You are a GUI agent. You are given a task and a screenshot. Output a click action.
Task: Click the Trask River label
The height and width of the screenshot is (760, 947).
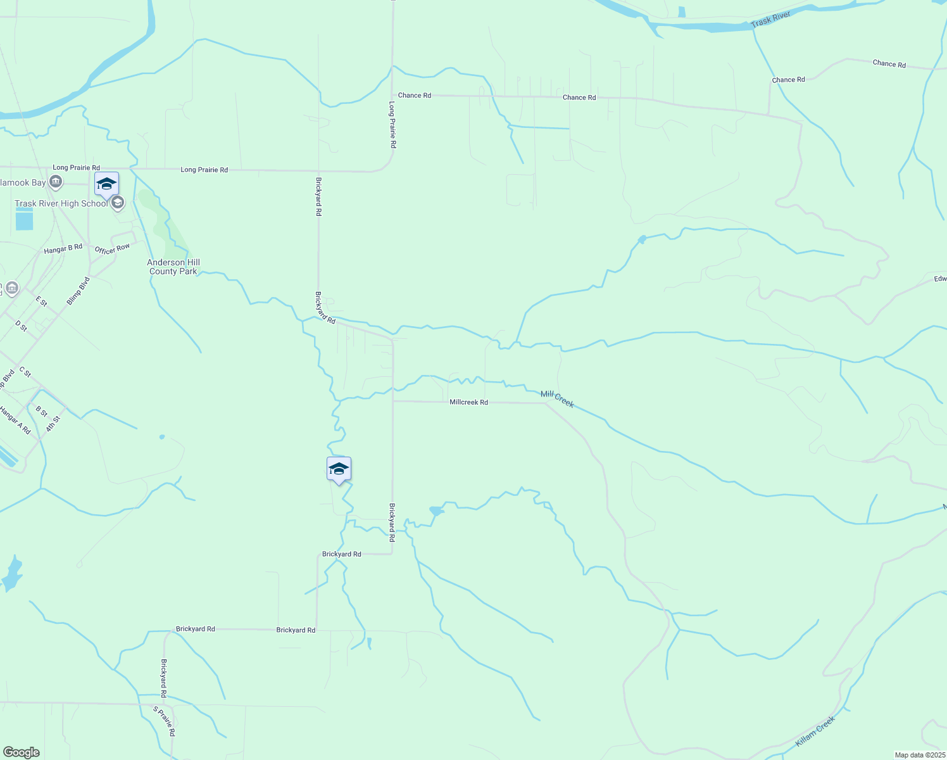click(x=771, y=20)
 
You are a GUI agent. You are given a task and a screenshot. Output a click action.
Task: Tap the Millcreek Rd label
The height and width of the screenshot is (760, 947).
click(x=468, y=402)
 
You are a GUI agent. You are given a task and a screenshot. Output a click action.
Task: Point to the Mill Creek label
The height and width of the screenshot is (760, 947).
click(x=557, y=399)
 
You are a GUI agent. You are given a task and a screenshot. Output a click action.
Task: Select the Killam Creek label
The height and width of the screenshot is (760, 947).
click(x=815, y=731)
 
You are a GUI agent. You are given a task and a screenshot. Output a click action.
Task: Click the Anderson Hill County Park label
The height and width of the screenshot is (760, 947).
click(x=173, y=267)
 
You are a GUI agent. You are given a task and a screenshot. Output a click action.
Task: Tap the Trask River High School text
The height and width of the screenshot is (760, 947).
click(x=61, y=203)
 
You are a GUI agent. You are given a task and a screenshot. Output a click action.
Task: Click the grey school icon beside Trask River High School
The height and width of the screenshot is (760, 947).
click(x=118, y=203)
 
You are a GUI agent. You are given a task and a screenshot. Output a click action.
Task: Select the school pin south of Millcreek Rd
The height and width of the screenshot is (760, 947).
click(x=339, y=469)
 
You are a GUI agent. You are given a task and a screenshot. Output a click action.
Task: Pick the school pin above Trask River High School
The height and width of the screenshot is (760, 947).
click(x=106, y=184)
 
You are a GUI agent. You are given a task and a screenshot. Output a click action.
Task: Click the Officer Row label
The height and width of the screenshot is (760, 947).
click(x=113, y=249)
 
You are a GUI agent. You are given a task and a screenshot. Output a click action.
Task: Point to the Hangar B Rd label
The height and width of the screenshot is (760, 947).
click(x=63, y=249)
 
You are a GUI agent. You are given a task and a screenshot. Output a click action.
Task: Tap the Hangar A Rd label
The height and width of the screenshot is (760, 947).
click(x=15, y=420)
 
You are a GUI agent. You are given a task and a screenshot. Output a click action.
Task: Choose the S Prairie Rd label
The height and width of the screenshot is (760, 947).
click(x=164, y=721)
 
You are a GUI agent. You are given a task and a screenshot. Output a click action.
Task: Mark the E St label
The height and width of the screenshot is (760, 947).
click(x=42, y=301)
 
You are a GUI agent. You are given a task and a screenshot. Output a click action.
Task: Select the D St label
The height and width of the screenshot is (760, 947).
click(x=22, y=326)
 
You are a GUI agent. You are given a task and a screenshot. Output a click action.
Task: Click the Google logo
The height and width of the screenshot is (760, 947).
click(x=22, y=752)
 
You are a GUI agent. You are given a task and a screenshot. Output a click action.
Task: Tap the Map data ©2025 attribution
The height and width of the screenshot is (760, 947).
click(x=919, y=755)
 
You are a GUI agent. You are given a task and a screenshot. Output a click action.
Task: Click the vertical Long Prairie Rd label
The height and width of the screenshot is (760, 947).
click(x=392, y=125)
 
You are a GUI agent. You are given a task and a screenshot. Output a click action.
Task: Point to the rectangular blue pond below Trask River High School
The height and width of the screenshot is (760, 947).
click(x=24, y=220)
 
